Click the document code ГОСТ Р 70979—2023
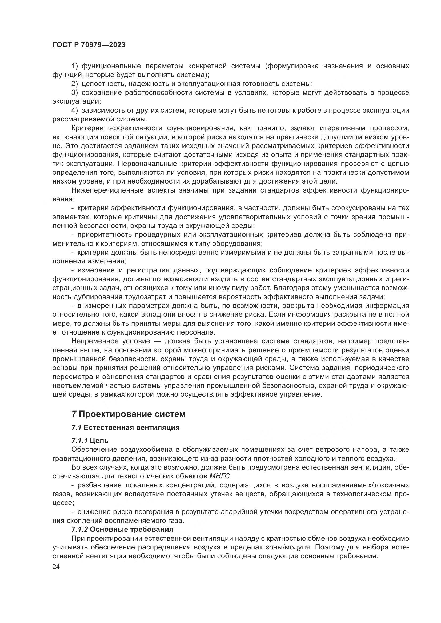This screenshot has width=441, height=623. tap(89, 45)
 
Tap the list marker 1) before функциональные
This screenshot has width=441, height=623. tap(75, 66)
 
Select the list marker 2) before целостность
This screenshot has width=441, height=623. tap(75, 84)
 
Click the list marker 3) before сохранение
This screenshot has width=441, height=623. tap(75, 92)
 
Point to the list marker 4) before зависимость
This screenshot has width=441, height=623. tap(75, 111)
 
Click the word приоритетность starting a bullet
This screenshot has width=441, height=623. tap(104, 235)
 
